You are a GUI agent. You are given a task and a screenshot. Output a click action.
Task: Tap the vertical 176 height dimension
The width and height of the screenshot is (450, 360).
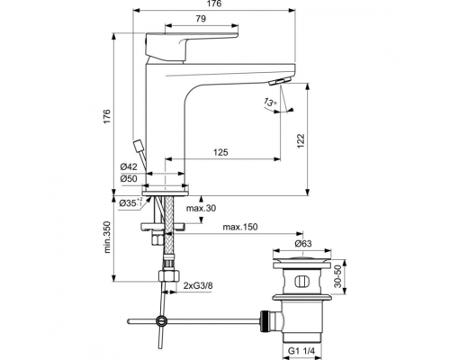click(x=106, y=116)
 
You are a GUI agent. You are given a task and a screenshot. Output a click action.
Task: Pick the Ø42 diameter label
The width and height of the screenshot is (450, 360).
click(x=130, y=166)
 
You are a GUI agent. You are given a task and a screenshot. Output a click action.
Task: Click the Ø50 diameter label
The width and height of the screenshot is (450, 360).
click(x=130, y=178)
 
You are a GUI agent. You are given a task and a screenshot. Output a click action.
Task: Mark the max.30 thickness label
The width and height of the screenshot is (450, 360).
click(x=202, y=210)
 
